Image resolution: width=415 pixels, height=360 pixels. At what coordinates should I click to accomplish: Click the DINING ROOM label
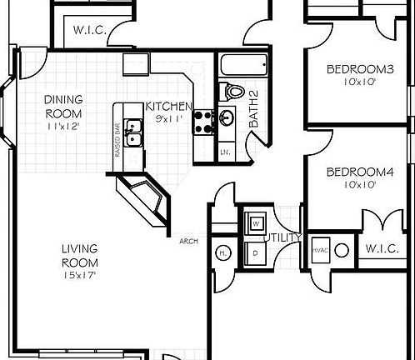(62, 106)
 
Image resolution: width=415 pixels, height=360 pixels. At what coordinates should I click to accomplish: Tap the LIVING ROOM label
(80, 255)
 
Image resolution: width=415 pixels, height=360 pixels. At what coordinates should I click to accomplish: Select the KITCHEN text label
(168, 106)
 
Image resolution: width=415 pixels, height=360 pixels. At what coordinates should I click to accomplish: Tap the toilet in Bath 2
(232, 92)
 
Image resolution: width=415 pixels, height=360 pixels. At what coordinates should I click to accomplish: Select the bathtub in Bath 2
(243, 65)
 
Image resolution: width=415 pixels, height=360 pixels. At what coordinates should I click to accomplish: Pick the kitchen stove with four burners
(202, 122)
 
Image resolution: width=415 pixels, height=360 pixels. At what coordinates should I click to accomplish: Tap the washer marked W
(254, 223)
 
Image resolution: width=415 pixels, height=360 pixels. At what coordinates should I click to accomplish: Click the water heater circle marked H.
(223, 252)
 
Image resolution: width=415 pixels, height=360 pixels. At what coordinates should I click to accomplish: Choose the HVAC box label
(319, 249)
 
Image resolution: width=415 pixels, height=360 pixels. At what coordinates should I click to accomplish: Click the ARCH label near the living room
(188, 242)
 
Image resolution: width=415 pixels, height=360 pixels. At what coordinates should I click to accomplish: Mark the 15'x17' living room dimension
(80, 275)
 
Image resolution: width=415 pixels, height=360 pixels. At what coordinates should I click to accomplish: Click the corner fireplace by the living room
(144, 198)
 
